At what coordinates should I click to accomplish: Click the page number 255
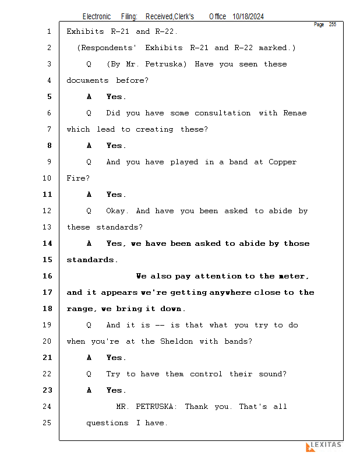[332, 24]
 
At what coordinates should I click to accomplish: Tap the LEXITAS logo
[324, 446]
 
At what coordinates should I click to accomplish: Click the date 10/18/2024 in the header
[248, 17]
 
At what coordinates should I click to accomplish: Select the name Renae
[294, 113]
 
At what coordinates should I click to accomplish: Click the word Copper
[283, 162]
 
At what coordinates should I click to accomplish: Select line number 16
[48, 276]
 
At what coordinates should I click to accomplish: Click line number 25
[48, 423]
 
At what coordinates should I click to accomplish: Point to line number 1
[49, 31]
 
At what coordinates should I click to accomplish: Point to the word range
[81, 309]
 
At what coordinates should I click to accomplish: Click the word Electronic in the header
[97, 17]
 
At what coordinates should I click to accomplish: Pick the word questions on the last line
[107, 423]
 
